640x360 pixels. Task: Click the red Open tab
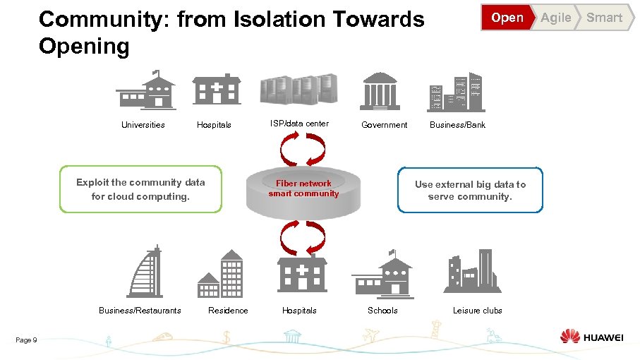(x=507, y=18)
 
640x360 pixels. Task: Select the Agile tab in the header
(x=556, y=18)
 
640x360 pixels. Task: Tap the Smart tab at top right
(x=605, y=18)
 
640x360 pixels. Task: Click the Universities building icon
(x=146, y=90)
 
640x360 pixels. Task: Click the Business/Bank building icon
(x=456, y=92)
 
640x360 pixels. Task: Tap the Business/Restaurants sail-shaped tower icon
(x=145, y=272)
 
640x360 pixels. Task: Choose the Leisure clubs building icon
(x=472, y=271)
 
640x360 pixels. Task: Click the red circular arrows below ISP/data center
(x=303, y=149)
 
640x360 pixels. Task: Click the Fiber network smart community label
(x=303, y=188)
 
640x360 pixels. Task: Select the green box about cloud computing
(x=140, y=189)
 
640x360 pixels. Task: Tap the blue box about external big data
(x=470, y=190)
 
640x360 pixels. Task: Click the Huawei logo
(x=591, y=337)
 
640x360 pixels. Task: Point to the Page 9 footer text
(x=26, y=340)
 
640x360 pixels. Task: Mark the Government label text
(x=384, y=125)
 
